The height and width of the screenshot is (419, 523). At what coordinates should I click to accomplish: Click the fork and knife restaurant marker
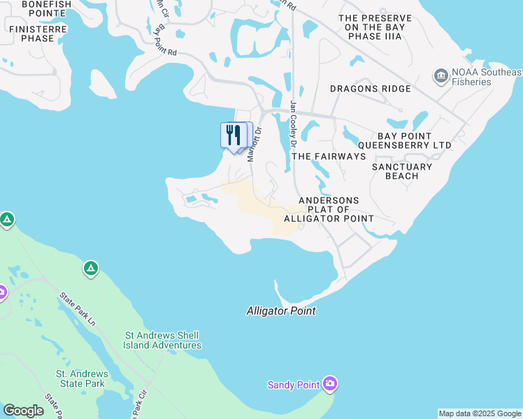tap(233, 134)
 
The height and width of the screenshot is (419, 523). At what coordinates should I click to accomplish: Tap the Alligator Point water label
tap(281, 311)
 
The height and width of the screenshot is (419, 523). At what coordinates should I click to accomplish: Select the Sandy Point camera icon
tap(330, 384)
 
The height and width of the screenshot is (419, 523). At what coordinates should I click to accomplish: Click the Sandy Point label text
tap(294, 385)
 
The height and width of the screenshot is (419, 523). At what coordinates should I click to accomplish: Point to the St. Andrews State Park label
tap(80, 378)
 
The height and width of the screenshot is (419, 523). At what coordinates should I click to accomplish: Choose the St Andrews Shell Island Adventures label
tap(163, 340)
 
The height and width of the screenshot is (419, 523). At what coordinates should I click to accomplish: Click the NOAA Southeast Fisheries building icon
tap(441, 75)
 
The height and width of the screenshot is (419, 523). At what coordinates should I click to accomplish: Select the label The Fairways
tap(329, 156)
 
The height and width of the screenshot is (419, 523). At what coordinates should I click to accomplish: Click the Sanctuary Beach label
tap(402, 171)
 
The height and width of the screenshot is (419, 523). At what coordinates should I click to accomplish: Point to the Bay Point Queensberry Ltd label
tap(415, 140)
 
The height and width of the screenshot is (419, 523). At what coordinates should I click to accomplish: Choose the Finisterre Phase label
tap(37, 34)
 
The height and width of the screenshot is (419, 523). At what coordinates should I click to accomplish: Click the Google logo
tap(23, 410)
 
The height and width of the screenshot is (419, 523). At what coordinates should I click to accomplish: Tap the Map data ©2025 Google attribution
tap(479, 413)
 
